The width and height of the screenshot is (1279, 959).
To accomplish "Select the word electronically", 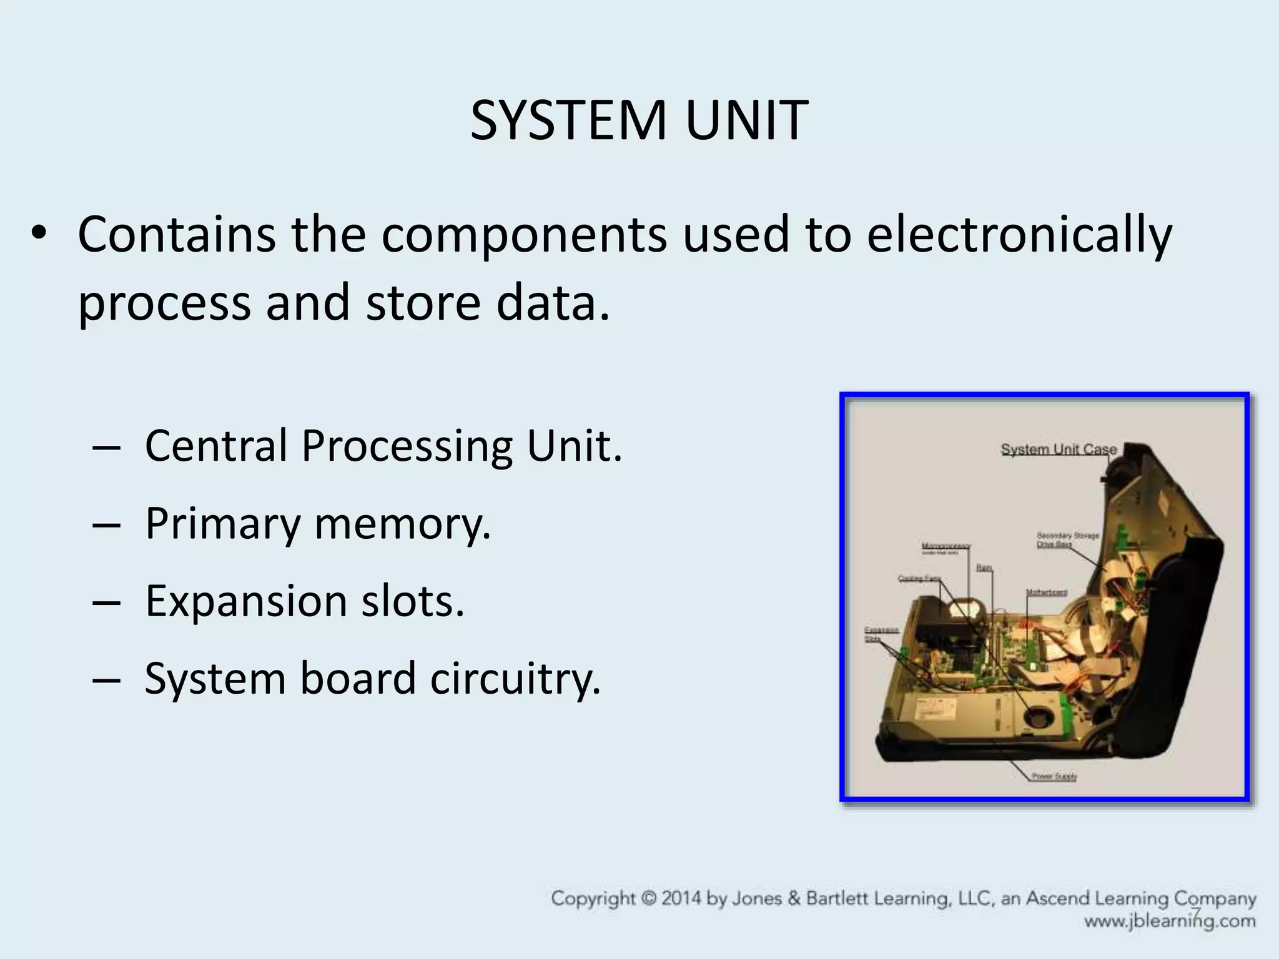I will coord(1019,236).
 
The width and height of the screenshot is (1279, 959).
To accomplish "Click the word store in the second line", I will coord(423,303).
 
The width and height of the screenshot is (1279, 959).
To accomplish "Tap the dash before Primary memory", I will coord(106,524).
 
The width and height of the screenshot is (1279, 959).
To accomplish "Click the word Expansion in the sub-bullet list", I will coord(246,601).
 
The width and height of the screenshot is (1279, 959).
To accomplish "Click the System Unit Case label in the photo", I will coord(1058,450).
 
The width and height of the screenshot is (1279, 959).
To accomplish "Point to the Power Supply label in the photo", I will coord(1054,777).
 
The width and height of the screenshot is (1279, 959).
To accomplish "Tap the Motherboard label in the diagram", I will coord(1046,592).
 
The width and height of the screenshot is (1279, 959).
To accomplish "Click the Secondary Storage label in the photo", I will coord(1067,536).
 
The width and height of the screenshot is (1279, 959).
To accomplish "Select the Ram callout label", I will coord(984,568).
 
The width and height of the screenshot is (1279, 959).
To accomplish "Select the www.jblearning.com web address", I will coord(1169,921).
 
